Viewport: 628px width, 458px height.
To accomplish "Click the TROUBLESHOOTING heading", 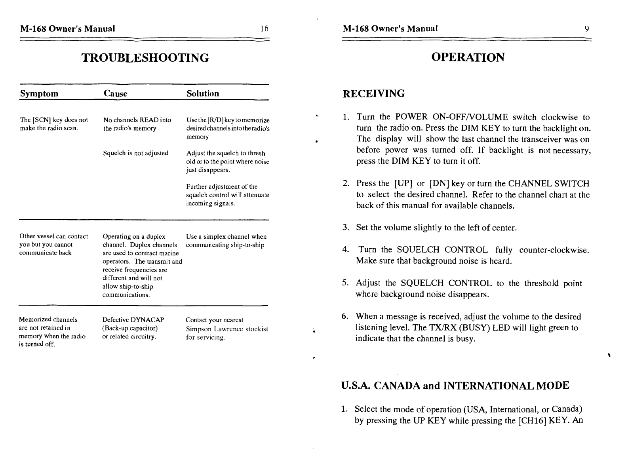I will click(x=145, y=58).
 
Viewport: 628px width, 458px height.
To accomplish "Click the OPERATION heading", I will click(x=468, y=57).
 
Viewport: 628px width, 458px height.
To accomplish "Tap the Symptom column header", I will click(x=39, y=94).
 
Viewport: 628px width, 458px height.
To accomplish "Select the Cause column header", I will click(x=115, y=94).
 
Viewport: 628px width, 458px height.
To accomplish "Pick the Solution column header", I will click(x=203, y=94).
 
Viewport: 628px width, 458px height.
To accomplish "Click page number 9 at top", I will click(x=587, y=29).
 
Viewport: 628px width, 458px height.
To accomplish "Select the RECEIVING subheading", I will click(x=373, y=94).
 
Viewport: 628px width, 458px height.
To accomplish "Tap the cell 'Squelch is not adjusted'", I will click(x=135, y=153).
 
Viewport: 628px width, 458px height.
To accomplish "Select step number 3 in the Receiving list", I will click(x=345, y=228).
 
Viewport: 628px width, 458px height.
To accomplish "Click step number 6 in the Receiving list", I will click(x=345, y=317).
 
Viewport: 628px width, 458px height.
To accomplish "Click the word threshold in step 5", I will click(x=540, y=283).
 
